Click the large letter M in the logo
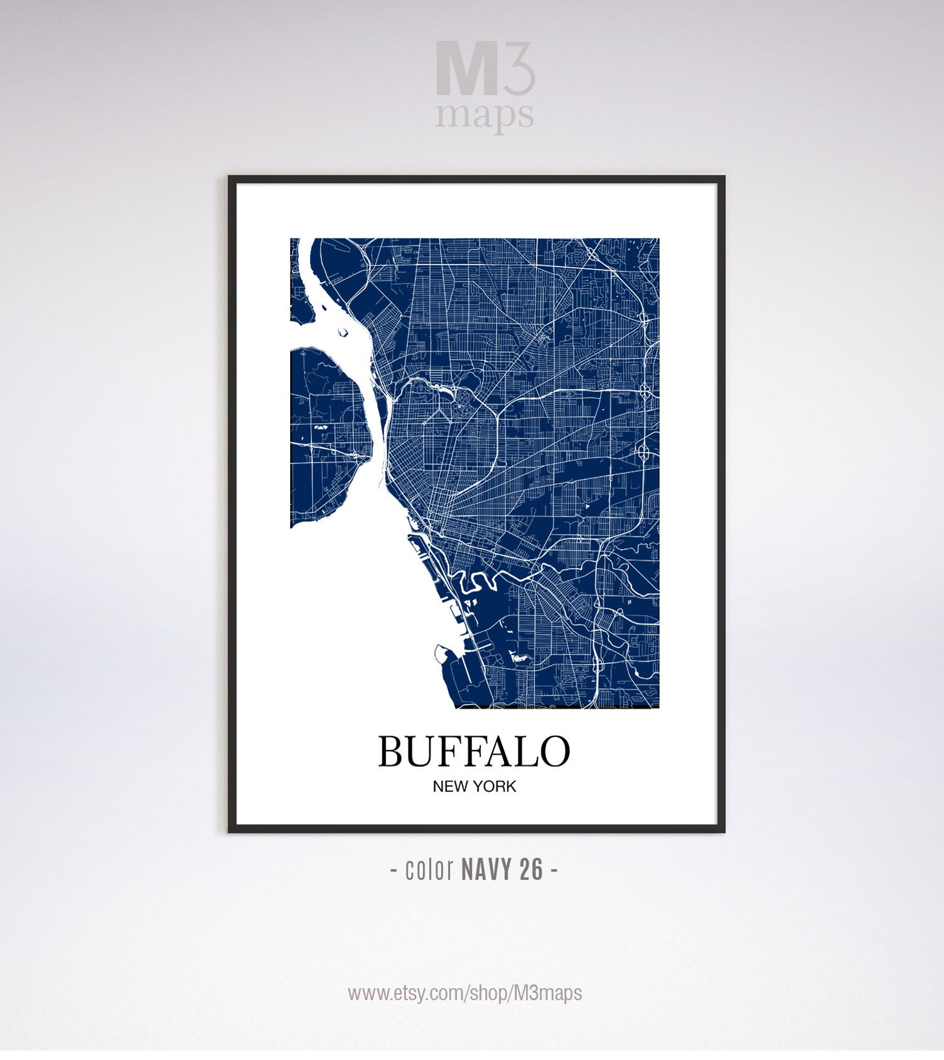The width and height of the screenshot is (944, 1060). tap(466, 68)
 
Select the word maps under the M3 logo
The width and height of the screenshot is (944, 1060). tap(484, 114)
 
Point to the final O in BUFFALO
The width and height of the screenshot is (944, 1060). tap(554, 751)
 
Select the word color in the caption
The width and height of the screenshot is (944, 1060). tap(429, 870)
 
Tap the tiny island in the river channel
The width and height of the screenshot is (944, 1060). tap(342, 333)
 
